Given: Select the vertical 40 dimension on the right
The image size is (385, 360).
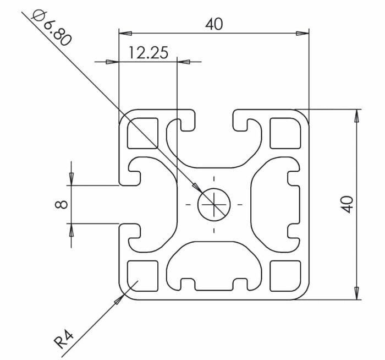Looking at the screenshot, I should pyautogui.click(x=346, y=204).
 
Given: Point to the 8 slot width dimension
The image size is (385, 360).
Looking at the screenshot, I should pyautogui.click(x=62, y=204).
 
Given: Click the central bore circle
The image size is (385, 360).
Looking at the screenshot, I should pyautogui.click(x=214, y=204).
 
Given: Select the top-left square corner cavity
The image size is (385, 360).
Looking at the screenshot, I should pyautogui.click(x=142, y=133).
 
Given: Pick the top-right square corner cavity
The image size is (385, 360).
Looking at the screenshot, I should pyautogui.click(x=285, y=133).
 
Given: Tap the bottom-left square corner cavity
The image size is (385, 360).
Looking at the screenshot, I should pyautogui.click(x=142, y=275).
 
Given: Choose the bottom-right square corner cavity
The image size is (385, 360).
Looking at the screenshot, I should pyautogui.click(x=285, y=275).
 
